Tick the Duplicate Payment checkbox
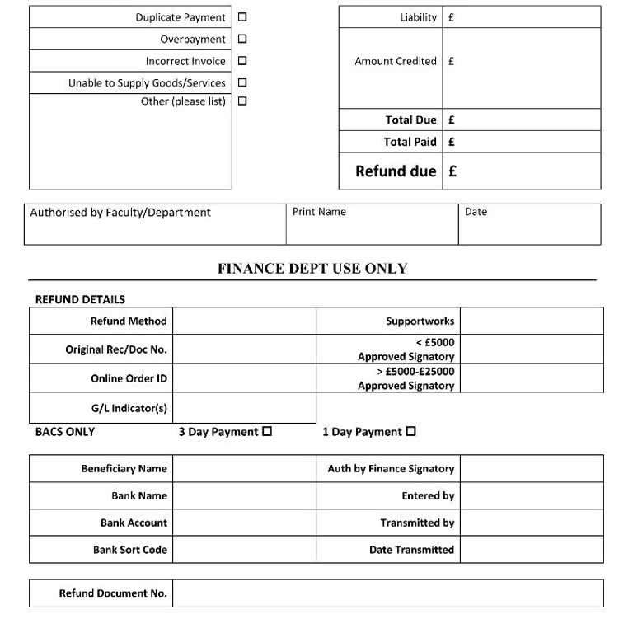[x=242, y=17]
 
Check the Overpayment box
[x=242, y=39]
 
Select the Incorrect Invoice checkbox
[x=242, y=60]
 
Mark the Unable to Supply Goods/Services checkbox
[x=242, y=82]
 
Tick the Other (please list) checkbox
[x=242, y=101]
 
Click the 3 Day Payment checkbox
[x=267, y=431]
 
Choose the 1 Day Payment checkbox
[x=411, y=431]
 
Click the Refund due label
[x=396, y=171]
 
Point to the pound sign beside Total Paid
[x=452, y=142]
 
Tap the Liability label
[x=418, y=17]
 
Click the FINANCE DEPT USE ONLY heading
[x=312, y=269]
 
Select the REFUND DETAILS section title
[x=80, y=300]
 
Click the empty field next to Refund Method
[x=244, y=321]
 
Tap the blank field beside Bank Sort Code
[x=244, y=550]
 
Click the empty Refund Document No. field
[x=387, y=593]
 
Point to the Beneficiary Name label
[x=124, y=469]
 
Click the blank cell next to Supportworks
[x=532, y=321]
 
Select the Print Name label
[x=319, y=212]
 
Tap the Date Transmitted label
[x=411, y=550]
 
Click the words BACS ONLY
[x=65, y=432]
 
